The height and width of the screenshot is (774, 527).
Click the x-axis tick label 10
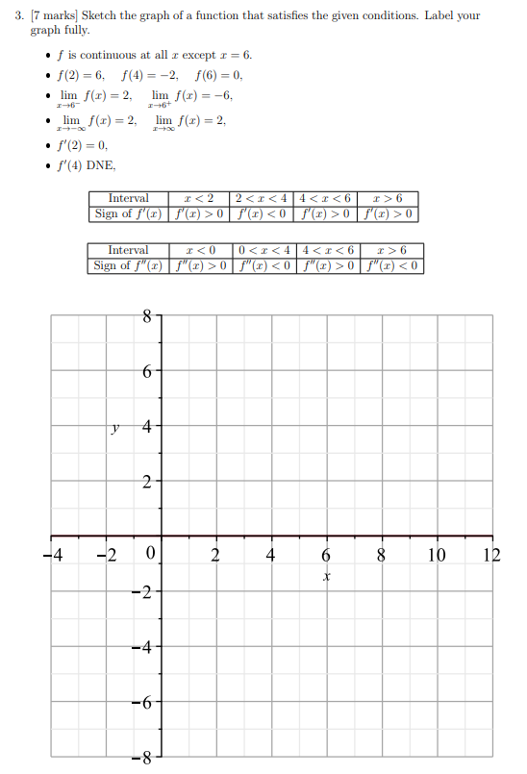click(x=437, y=555)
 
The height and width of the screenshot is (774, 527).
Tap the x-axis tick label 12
click(x=491, y=555)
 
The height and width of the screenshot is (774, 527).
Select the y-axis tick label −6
click(x=142, y=703)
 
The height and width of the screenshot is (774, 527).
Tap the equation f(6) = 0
click(x=218, y=74)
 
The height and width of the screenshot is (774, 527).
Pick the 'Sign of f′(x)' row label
click(x=128, y=212)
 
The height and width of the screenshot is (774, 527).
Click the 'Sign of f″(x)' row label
click(x=128, y=265)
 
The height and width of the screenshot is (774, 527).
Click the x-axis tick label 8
click(x=381, y=555)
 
